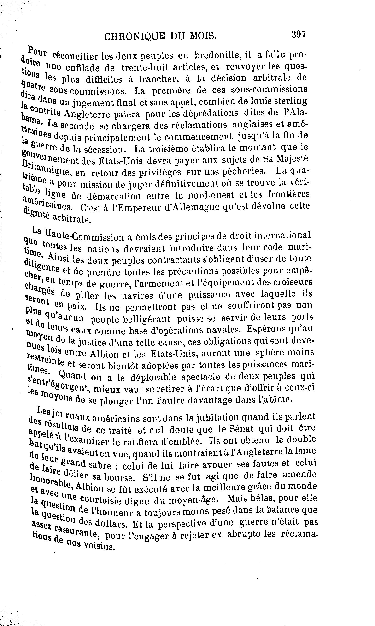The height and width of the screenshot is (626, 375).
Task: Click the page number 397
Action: [299, 34]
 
